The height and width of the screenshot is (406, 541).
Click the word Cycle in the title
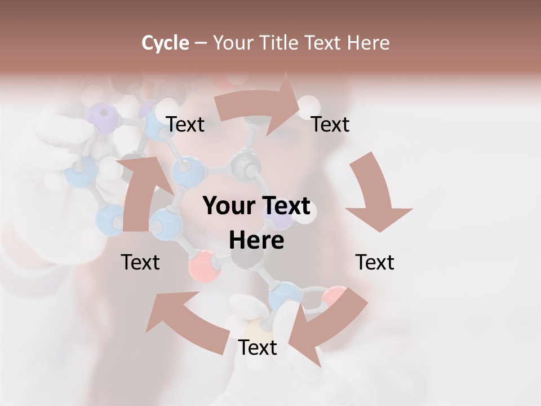point(165,43)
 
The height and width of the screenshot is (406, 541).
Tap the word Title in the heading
point(281,43)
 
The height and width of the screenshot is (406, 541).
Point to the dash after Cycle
point(201,43)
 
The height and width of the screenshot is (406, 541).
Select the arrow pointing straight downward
point(375,192)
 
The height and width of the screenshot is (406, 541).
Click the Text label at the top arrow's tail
point(185,124)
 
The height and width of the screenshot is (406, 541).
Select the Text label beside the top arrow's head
point(330,124)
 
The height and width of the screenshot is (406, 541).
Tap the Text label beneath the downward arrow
point(375,262)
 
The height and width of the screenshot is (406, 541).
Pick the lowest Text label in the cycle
point(258,347)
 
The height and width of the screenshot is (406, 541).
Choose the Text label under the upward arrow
point(140,262)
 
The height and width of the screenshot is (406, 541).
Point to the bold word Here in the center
point(256,241)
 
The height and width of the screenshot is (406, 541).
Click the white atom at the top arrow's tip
point(308,105)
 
